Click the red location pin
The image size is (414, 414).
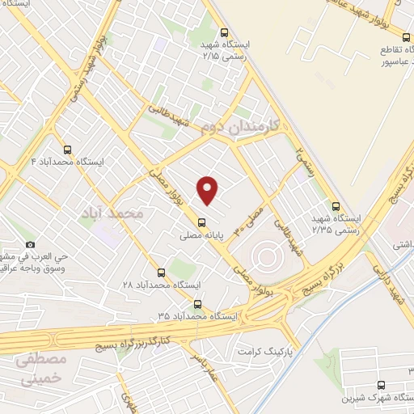click(x=209, y=189)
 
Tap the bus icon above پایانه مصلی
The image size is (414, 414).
click(x=201, y=223)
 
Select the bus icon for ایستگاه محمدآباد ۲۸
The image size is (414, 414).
click(x=161, y=272)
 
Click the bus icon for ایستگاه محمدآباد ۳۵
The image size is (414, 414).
click(x=198, y=305)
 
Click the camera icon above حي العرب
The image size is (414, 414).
click(x=31, y=244)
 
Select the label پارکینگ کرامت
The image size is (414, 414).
click(x=263, y=353)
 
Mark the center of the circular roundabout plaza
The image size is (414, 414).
click(x=268, y=258)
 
